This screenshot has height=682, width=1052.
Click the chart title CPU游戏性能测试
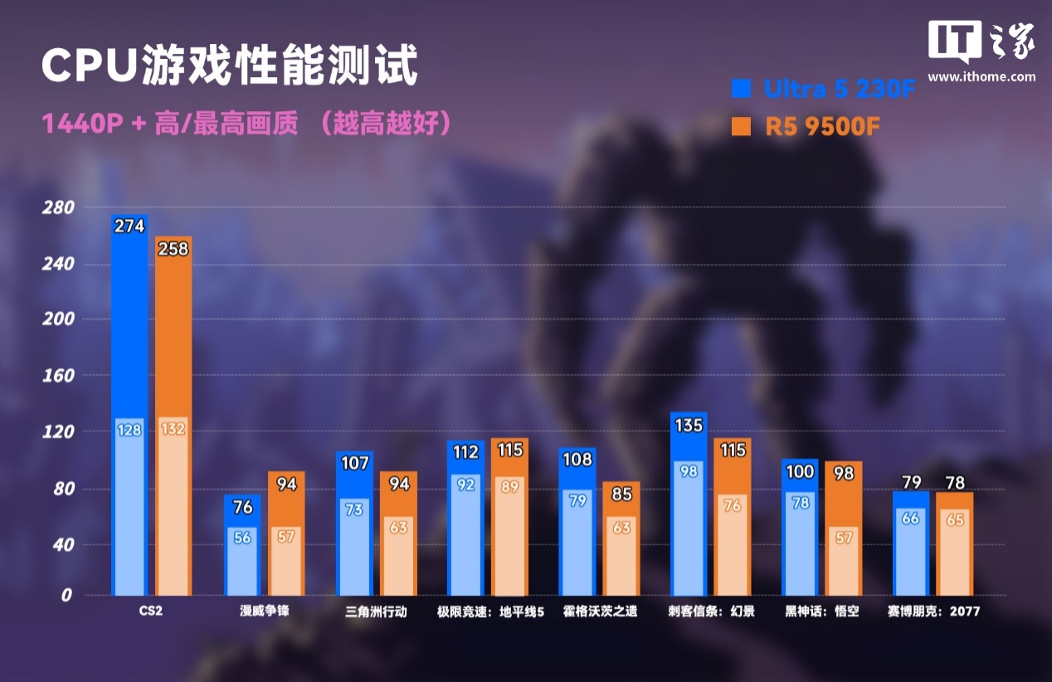tap(228, 66)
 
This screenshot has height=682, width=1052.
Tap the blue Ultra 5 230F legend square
tap(741, 89)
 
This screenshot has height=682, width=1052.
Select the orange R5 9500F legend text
tap(822, 127)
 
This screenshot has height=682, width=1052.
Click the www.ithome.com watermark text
tap(981, 77)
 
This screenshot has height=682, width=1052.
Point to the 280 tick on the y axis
tap(59, 207)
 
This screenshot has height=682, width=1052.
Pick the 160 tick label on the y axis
tap(59, 376)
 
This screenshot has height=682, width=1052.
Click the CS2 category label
tap(151, 612)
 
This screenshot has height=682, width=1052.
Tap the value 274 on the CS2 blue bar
tap(129, 226)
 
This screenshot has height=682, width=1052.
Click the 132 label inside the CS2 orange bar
tap(173, 429)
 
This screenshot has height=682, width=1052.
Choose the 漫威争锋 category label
tap(265, 612)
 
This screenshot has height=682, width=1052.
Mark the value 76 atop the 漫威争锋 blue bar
tap(242, 506)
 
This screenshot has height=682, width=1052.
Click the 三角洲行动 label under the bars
tap(377, 612)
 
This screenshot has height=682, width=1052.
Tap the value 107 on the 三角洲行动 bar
tap(354, 463)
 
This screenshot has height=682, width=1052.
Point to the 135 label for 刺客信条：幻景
tap(689, 426)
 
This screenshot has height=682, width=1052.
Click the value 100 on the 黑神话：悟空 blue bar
tap(800, 471)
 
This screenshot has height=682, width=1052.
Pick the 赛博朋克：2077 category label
tap(933, 612)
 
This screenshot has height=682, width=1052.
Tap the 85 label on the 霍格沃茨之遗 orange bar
tap(621, 495)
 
